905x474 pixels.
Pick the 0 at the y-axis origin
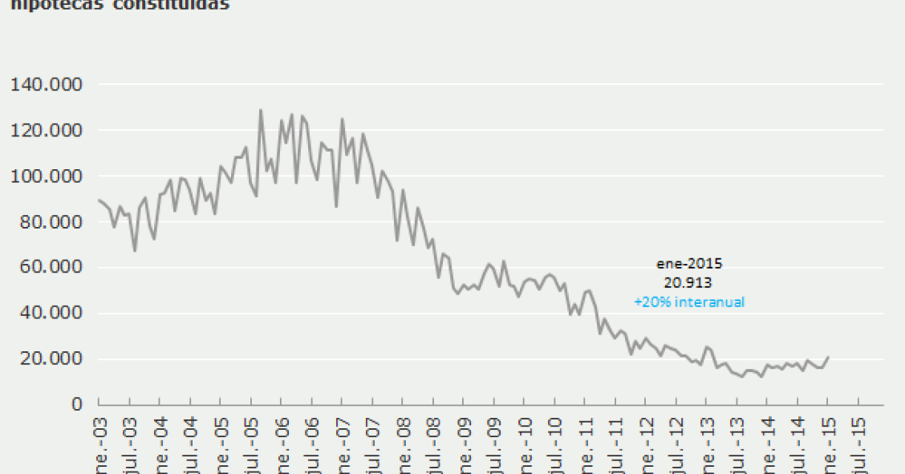78,404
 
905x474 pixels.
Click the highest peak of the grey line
261,110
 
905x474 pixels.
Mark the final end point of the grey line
828,356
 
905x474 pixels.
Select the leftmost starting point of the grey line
98,200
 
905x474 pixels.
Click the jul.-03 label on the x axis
129,445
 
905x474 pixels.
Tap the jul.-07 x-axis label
373,445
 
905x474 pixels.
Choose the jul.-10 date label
555,445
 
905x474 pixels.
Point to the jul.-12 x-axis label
676,445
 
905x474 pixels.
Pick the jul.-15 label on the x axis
858,445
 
